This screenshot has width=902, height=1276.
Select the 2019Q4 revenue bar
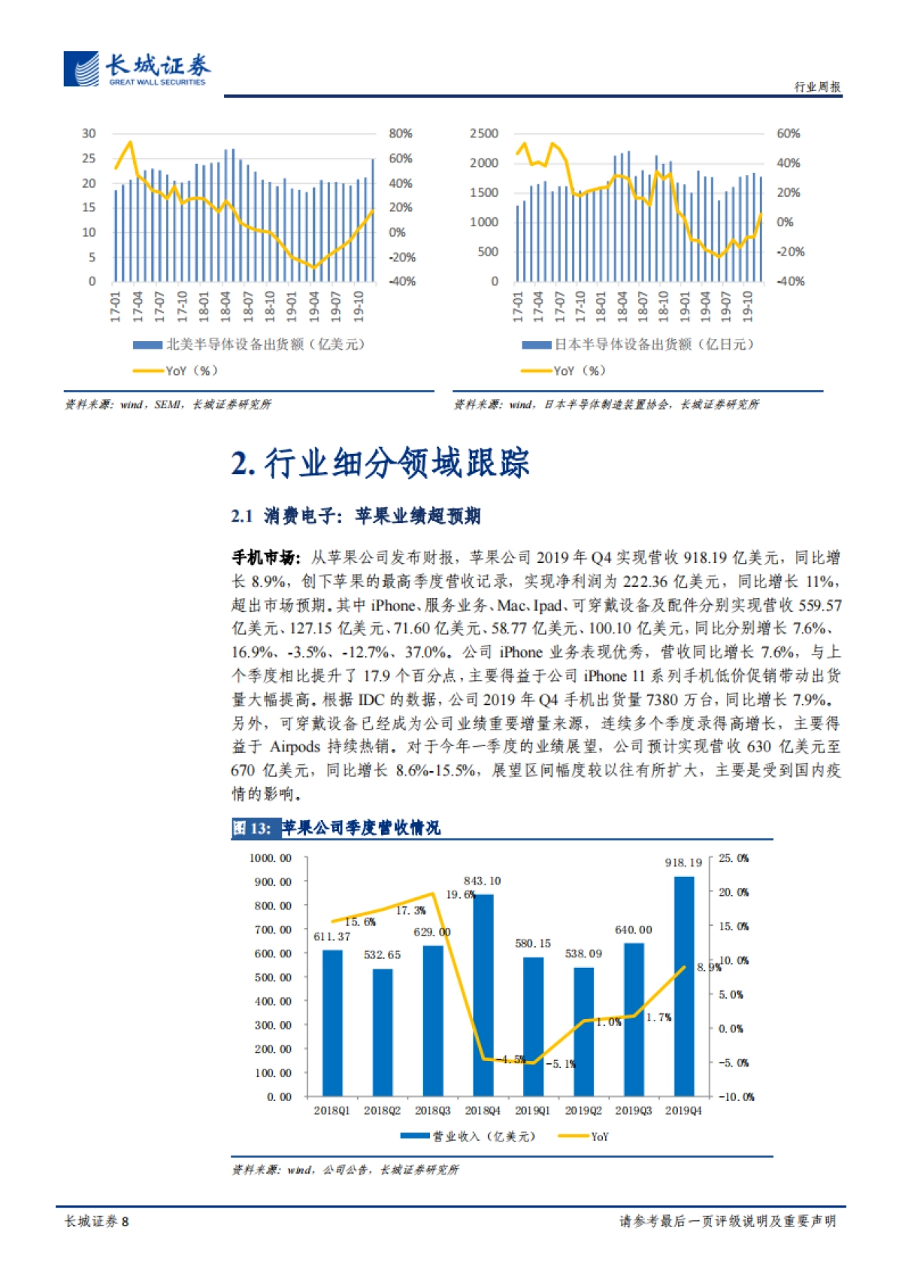[x=683, y=984]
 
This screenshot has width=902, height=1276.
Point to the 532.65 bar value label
[x=382, y=954]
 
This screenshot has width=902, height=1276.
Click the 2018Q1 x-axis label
[x=331, y=1110]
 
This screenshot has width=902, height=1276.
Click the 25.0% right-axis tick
[x=733, y=857]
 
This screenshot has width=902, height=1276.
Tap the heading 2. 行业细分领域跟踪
[x=380, y=463]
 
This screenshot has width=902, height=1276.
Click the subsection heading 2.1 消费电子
[x=356, y=516]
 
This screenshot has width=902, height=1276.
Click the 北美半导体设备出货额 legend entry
[x=249, y=344]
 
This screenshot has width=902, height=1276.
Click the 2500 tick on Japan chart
[x=483, y=133]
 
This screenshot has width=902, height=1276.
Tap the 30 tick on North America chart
[x=89, y=133]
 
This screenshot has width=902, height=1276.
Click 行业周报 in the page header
[x=817, y=86]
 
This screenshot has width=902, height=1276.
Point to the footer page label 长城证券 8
[x=96, y=1221]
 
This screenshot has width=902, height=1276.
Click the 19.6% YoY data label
[x=459, y=894]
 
